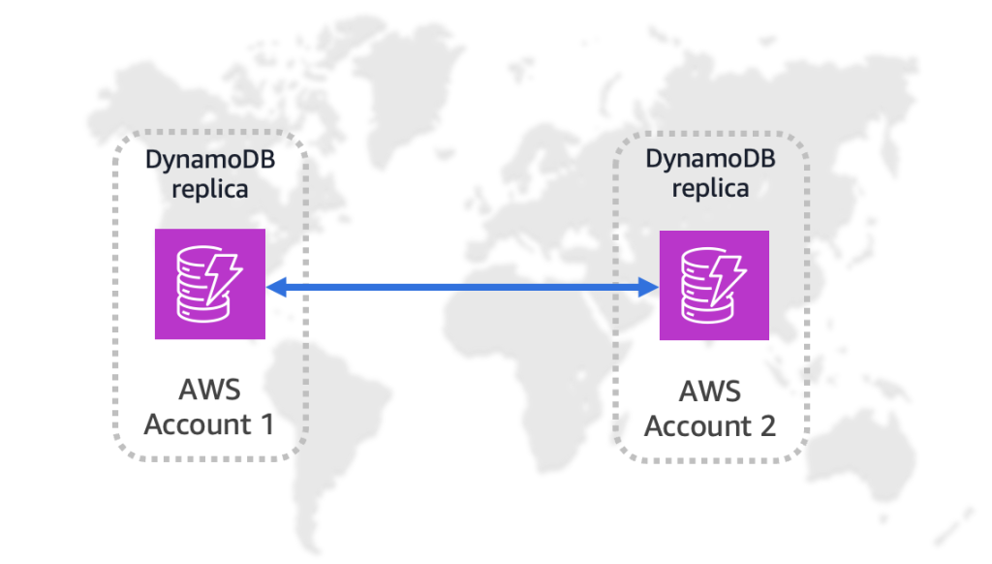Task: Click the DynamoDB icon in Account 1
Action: click(x=210, y=284)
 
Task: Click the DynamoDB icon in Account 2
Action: click(x=714, y=285)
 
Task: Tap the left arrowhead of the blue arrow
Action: click(x=274, y=286)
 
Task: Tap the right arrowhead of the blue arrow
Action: click(x=650, y=286)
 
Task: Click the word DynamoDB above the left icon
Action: click(x=210, y=159)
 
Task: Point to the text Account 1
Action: click(x=209, y=423)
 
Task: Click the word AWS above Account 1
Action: click(x=209, y=390)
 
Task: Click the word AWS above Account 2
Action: click(x=710, y=392)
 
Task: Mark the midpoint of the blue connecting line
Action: click(x=462, y=286)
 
